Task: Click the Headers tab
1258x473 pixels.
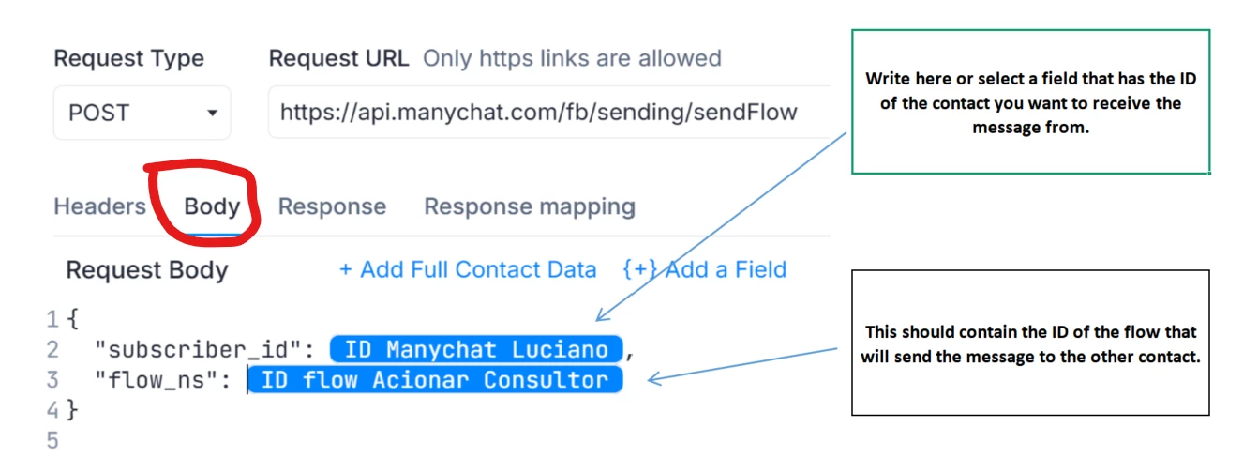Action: [x=100, y=206]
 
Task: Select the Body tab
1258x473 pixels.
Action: [x=212, y=206]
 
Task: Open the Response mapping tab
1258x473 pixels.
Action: [x=530, y=207]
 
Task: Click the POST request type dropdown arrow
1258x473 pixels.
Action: [x=212, y=113]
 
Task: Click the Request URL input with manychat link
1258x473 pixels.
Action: [x=548, y=113]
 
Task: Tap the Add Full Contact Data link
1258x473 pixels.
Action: [x=468, y=270]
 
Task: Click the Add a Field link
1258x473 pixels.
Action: [x=705, y=270]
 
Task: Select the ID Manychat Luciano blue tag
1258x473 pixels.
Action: [x=476, y=349]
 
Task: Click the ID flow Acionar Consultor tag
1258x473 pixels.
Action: [x=435, y=380]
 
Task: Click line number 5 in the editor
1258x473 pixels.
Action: [x=52, y=440]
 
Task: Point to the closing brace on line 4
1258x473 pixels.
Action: [x=72, y=410]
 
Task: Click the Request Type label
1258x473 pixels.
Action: [x=129, y=58]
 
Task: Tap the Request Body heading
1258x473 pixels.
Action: [x=147, y=270]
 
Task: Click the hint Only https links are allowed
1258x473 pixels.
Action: [x=572, y=58]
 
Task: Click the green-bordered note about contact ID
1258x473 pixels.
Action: [x=1030, y=101]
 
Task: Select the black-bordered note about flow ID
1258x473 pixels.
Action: [x=1030, y=343]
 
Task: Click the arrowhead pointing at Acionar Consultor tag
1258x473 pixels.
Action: [x=655, y=379]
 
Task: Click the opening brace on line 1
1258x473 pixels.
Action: [x=72, y=319]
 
